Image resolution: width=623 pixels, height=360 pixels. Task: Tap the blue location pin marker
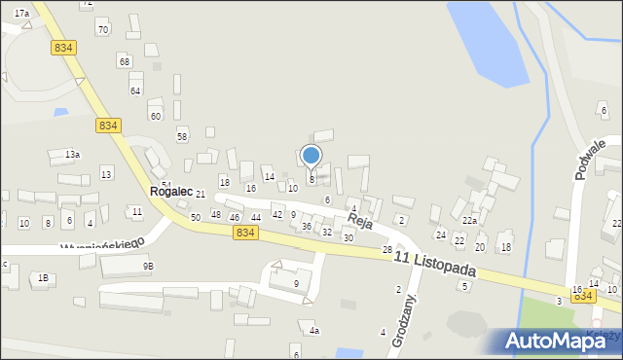click(311, 156)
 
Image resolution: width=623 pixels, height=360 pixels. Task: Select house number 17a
click(20, 13)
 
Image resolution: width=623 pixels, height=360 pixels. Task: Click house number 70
click(102, 30)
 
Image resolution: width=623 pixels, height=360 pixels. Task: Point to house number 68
click(124, 61)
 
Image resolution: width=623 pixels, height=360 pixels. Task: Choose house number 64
click(135, 90)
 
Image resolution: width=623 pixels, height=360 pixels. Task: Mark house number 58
click(181, 136)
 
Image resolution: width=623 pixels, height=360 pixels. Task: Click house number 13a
click(72, 155)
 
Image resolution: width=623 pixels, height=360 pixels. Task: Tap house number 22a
click(469, 221)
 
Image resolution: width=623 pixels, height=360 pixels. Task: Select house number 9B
click(148, 266)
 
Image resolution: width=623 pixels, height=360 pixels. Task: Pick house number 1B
click(43, 278)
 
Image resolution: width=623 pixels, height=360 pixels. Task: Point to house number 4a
click(314, 331)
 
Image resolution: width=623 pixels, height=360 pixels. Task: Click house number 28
click(386, 250)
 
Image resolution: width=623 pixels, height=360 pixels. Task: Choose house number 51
click(166, 185)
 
